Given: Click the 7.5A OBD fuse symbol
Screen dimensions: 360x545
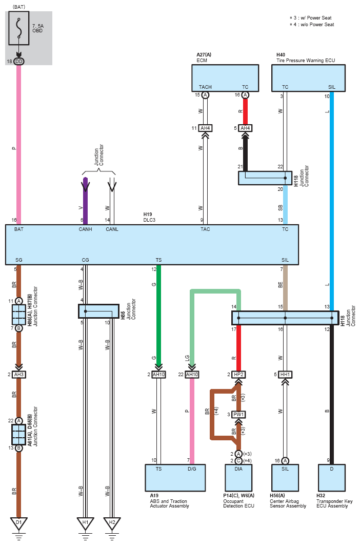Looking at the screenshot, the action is pos(19,28).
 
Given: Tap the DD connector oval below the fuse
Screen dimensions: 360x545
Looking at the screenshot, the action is pos(19,62).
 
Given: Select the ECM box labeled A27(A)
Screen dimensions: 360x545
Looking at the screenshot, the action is pos(225,78).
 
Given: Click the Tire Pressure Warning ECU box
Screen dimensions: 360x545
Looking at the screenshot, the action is pos(308,78).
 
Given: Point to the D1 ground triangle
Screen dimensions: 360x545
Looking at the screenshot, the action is pos(19,523).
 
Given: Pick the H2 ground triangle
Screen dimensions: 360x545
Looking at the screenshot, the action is pos(112,523).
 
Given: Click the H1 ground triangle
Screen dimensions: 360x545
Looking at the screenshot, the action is pos(86,523).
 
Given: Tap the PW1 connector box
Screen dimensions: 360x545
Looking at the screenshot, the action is pos(238,415).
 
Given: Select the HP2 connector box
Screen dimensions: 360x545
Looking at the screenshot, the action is pos(238,374).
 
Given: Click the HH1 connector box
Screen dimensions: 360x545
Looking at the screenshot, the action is pos(285,374).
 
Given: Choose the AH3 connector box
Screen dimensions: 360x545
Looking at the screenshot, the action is pos(19,374).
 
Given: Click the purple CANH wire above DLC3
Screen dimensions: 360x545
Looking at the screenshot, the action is pos(86,201).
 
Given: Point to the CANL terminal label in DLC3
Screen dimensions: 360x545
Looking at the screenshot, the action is pos(112,229).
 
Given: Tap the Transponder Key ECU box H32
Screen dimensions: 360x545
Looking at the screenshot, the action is pos(331,478).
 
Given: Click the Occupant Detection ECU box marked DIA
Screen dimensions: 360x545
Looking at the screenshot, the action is pos(238,478).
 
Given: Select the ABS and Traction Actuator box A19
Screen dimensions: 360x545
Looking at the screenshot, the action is pos(175,478).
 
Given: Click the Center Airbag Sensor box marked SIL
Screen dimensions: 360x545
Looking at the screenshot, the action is pos(285,478).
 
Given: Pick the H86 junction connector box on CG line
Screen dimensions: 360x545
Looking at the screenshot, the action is pos(98,312).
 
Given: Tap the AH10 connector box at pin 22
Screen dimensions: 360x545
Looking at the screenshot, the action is pos(192,374).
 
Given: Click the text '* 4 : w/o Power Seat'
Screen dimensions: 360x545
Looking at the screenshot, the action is pos(312,25).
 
